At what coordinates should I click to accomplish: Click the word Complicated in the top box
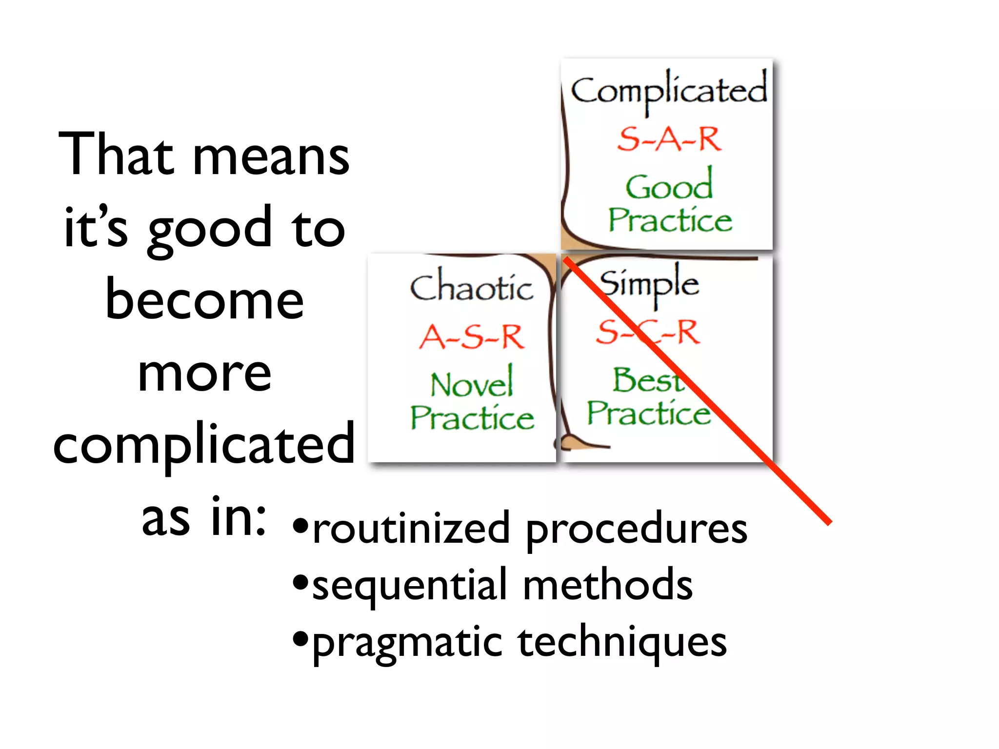pyautogui.click(x=668, y=91)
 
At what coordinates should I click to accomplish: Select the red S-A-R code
pyautogui.click(x=669, y=139)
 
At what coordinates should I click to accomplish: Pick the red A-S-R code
pyautogui.click(x=472, y=337)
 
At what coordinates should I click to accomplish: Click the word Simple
pyautogui.click(x=649, y=284)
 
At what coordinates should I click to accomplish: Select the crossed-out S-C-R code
pyautogui.click(x=648, y=333)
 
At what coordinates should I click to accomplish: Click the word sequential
pyautogui.click(x=410, y=585)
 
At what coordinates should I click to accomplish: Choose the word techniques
pyautogui.click(x=622, y=643)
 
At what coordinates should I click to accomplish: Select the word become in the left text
pyautogui.click(x=204, y=300)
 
